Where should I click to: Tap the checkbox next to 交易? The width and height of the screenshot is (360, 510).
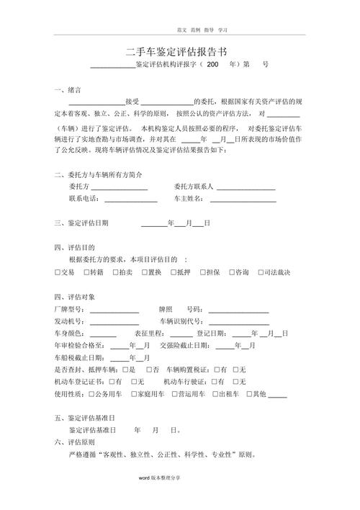58,272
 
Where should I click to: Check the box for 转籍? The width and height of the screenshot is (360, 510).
86,272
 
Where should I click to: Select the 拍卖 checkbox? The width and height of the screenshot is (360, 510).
114,272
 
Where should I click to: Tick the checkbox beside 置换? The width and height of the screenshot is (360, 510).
143,272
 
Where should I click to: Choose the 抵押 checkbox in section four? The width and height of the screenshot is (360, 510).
173,272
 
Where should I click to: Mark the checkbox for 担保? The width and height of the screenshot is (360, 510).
202,272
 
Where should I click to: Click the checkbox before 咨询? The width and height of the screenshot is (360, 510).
230,272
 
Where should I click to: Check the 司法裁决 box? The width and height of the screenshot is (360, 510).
259,272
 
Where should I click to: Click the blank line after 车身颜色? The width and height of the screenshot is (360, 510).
102,334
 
